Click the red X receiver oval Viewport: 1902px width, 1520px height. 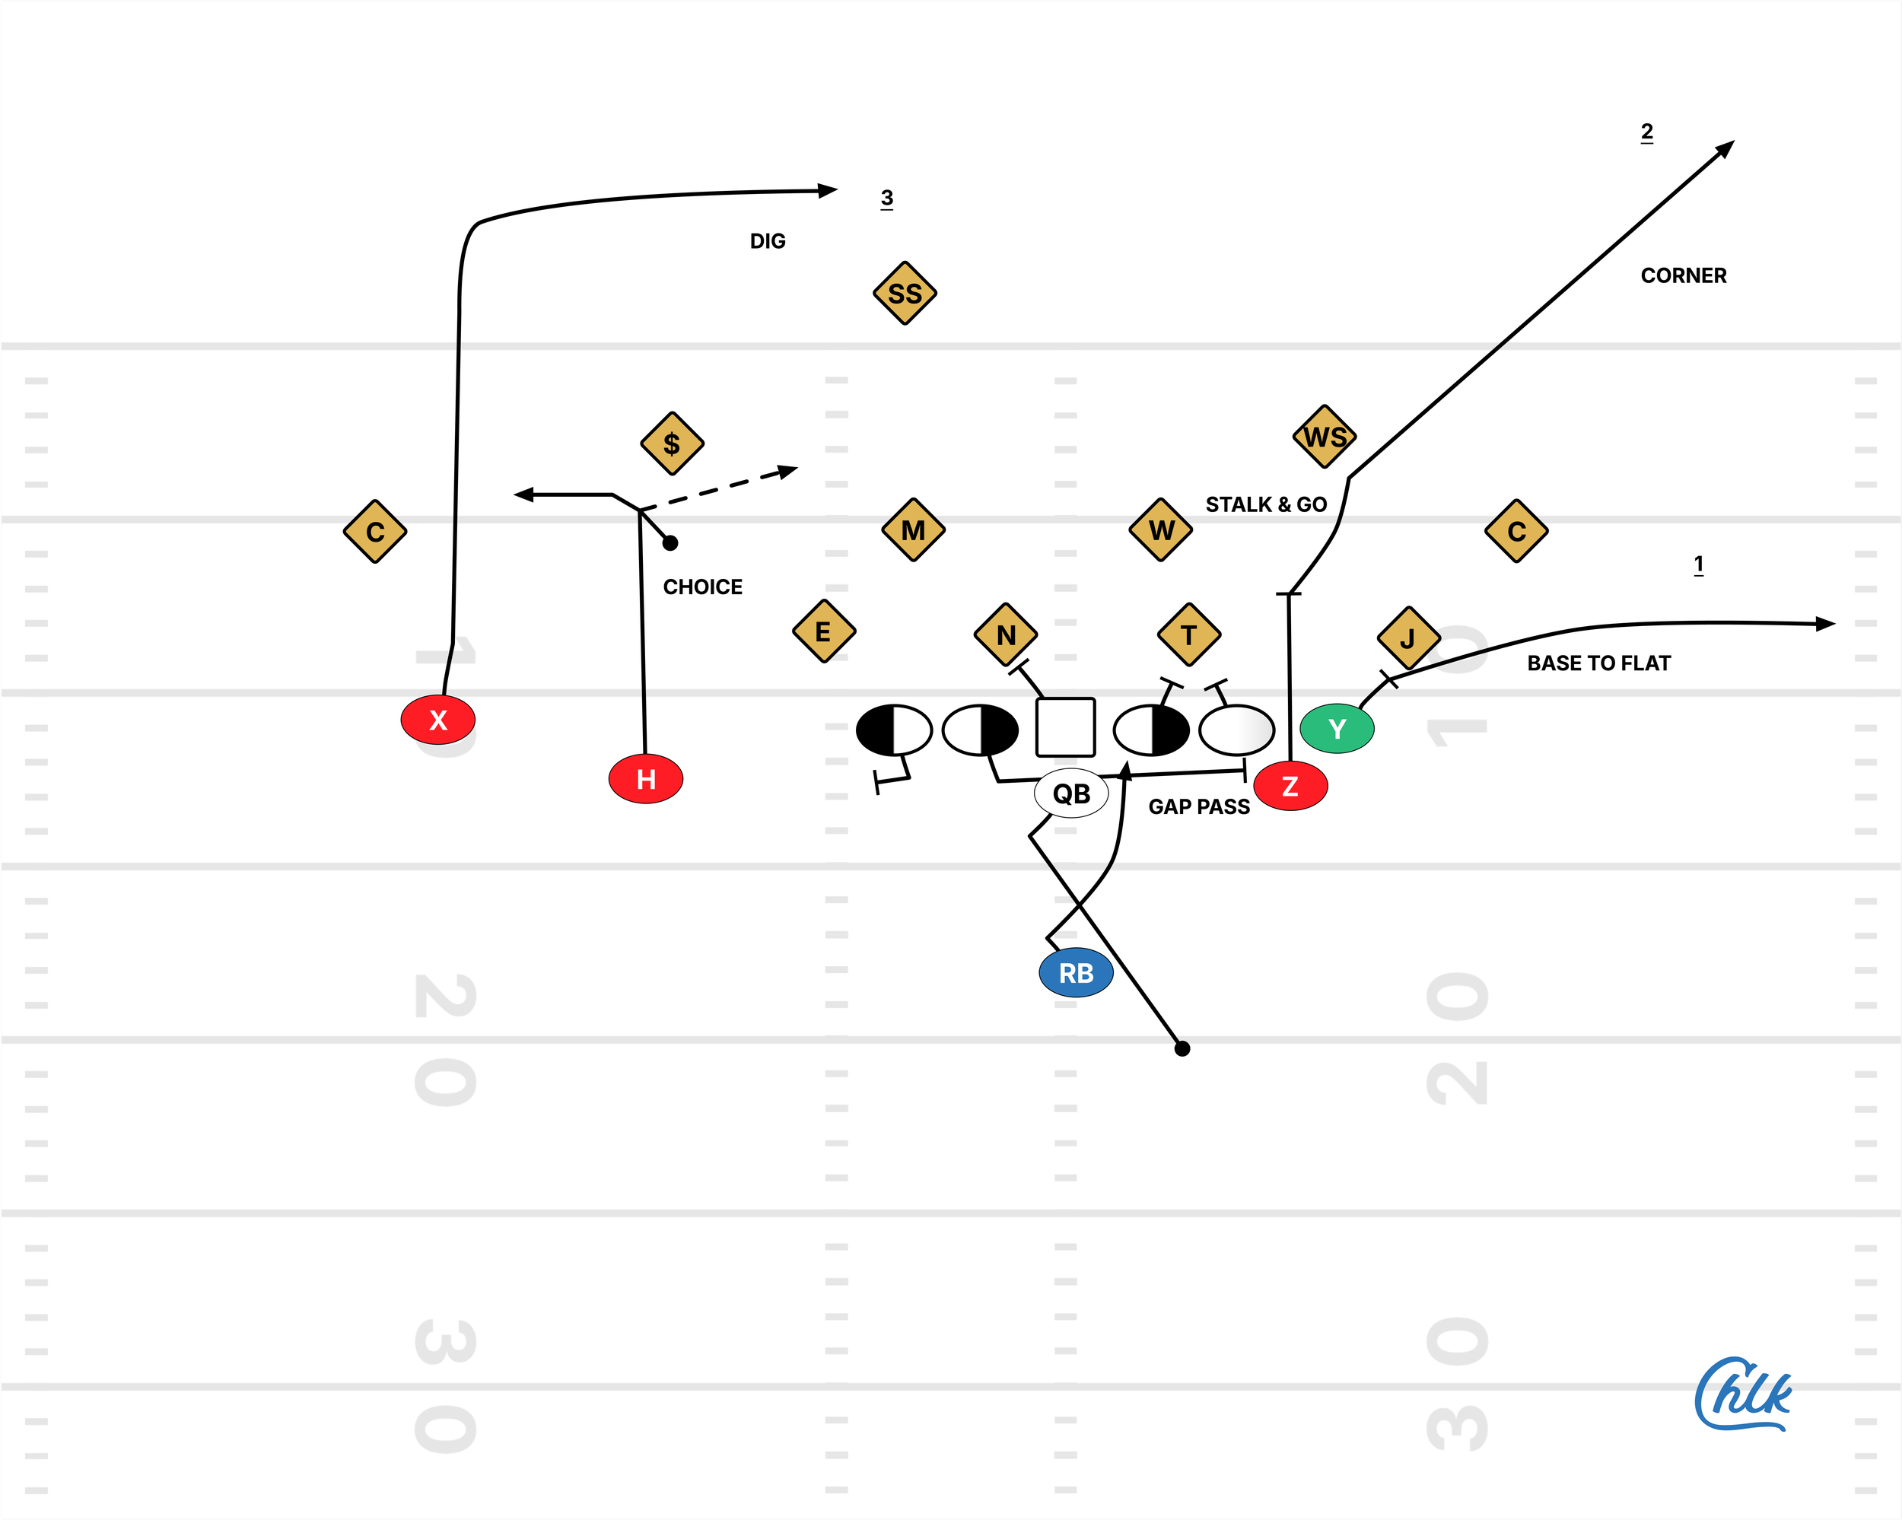point(437,720)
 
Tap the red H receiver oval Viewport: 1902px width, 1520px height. point(646,779)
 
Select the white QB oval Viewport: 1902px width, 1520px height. point(1071,793)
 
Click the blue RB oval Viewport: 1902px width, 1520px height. point(1077,973)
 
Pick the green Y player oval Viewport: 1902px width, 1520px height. point(1337,729)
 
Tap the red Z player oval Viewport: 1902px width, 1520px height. point(1290,786)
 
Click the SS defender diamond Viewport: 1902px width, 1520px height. point(905,293)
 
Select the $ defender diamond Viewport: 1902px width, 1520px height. point(673,443)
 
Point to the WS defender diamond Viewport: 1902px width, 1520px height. point(1324,437)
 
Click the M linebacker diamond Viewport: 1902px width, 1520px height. point(914,530)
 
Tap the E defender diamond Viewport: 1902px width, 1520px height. point(824,631)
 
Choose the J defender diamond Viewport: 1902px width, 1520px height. point(1408,638)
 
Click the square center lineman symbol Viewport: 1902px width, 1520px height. point(1066,728)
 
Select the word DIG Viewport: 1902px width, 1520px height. point(768,241)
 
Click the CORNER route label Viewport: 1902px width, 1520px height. point(1683,275)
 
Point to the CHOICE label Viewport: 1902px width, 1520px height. point(702,587)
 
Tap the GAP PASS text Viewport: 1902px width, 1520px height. point(1199,806)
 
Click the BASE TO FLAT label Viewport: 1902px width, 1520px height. point(1598,663)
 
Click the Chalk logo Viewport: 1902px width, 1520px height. point(1743,1394)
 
